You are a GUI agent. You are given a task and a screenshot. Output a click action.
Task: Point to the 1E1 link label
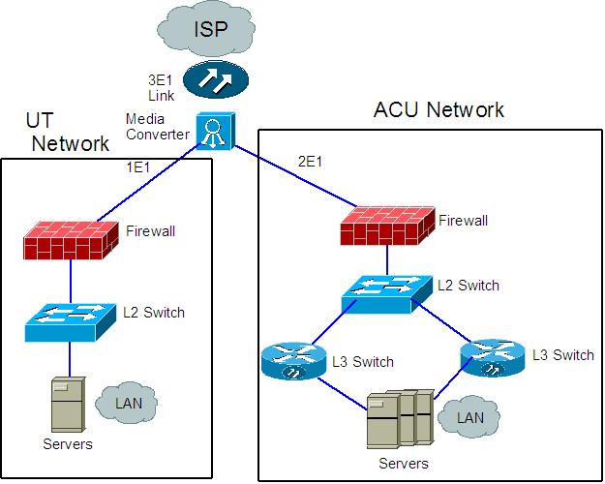point(138,167)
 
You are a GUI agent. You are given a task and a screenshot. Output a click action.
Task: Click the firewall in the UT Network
point(71,237)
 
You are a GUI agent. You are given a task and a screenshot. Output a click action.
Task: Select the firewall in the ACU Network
point(385,226)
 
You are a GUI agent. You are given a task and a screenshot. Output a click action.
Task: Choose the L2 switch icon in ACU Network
point(386,287)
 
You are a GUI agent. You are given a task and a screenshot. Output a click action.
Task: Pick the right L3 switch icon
point(491,355)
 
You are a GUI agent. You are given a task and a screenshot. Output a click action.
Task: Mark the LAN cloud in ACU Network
point(468,417)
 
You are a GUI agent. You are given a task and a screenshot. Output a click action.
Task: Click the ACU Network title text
point(439,109)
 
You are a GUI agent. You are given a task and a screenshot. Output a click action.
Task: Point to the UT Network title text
point(67,134)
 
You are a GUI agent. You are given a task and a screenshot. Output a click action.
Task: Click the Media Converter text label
point(157,127)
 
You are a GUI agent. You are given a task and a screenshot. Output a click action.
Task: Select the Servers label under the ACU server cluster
point(403,465)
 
